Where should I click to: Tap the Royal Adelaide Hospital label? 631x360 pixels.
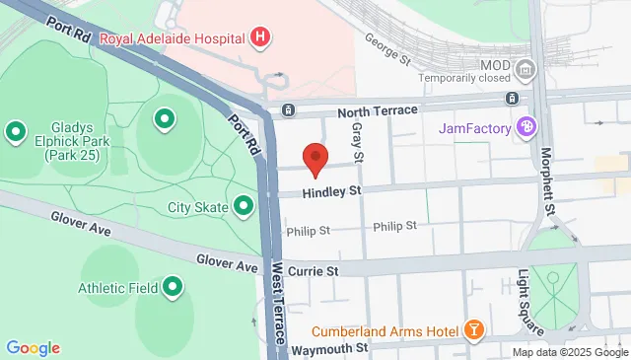coord(173,39)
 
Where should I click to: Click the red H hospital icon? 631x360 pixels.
coord(260,38)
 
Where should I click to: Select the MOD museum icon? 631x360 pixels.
coord(526,69)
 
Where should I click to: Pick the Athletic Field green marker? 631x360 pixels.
coord(174,288)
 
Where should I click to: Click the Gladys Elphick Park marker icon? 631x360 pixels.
coord(16,130)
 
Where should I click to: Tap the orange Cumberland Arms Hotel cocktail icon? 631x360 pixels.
coord(474,329)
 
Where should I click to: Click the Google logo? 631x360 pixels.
coord(33,347)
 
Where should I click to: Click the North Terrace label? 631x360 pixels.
coord(379,110)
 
